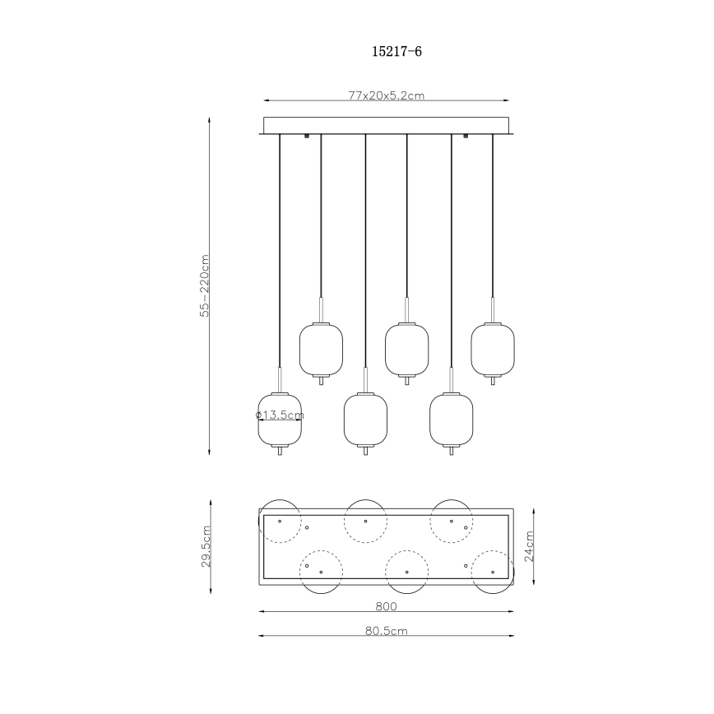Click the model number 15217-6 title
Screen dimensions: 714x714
(x=397, y=51)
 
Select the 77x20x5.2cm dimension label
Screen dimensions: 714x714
(x=386, y=96)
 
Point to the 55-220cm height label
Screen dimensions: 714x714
(x=206, y=285)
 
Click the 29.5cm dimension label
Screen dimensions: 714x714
(x=206, y=546)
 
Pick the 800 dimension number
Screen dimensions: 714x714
(x=386, y=608)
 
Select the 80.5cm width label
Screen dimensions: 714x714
(x=386, y=632)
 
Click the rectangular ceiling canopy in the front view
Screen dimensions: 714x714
(x=386, y=125)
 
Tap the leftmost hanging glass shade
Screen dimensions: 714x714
(x=280, y=420)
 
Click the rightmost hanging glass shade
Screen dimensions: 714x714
(x=493, y=349)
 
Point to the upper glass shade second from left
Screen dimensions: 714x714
(x=321, y=349)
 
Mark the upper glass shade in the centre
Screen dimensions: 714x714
(x=406, y=349)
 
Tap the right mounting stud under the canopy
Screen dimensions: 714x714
(x=466, y=137)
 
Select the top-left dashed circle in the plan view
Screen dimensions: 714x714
(x=280, y=521)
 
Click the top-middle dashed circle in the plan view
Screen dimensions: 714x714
(x=365, y=521)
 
